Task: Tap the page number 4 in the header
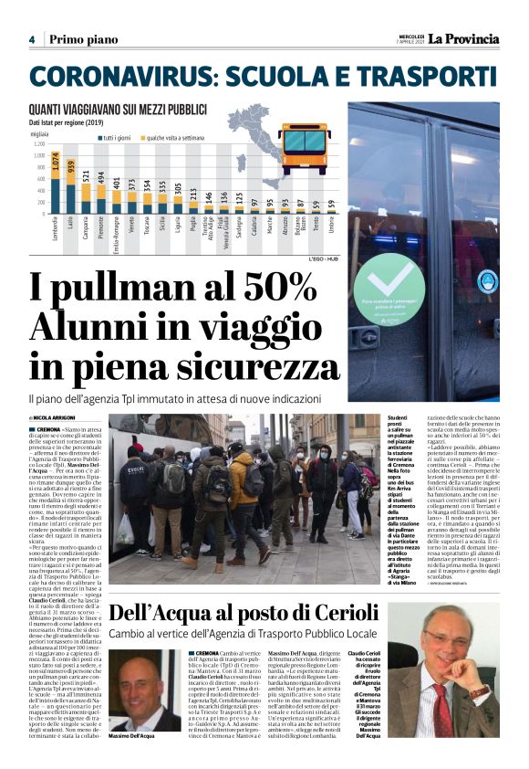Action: point(32,39)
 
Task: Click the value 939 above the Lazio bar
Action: point(72,166)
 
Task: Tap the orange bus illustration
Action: point(305,150)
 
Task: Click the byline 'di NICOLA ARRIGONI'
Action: point(54,417)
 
